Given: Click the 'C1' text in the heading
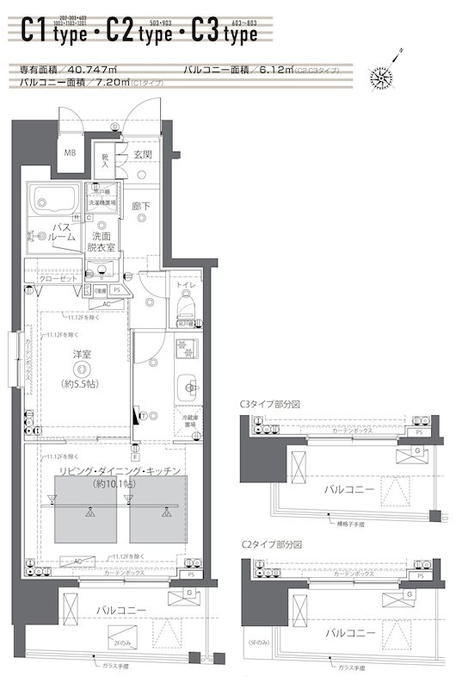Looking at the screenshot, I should pyautogui.click(x=34, y=32).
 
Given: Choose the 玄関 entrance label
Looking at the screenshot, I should pyautogui.click(x=143, y=155).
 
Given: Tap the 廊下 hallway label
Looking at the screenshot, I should pyautogui.click(x=141, y=207).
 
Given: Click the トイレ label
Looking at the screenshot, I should pyautogui.click(x=186, y=283).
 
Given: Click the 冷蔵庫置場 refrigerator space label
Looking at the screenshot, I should pyautogui.click(x=189, y=420).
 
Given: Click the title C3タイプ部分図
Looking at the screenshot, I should pyautogui.click(x=271, y=403).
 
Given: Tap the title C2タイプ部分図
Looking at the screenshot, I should pyautogui.click(x=271, y=545).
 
